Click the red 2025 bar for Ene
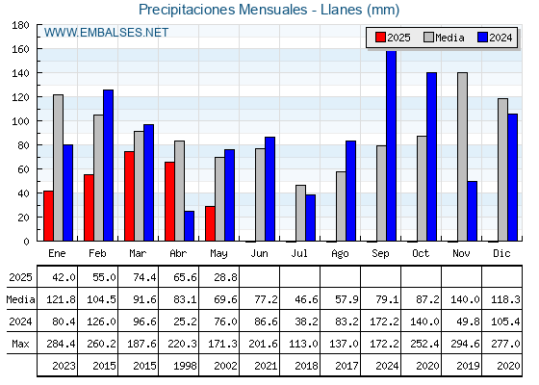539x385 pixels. click(x=48, y=216)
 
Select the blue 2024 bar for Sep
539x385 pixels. click(x=391, y=145)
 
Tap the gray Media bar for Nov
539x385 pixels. click(x=462, y=157)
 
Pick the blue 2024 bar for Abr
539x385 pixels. click(x=189, y=226)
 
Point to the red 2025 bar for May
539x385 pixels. click(x=210, y=223)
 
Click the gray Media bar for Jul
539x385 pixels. click(x=300, y=213)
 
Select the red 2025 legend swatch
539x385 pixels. click(x=380, y=38)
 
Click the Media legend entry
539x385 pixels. click(x=444, y=38)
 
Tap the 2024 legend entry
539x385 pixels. click(x=495, y=38)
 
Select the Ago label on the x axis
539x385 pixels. click(x=340, y=254)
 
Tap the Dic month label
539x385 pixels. click(x=501, y=253)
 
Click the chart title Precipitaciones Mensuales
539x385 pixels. click(x=222, y=10)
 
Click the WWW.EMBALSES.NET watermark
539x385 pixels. click(x=106, y=33)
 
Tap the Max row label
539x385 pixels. click(x=20, y=344)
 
